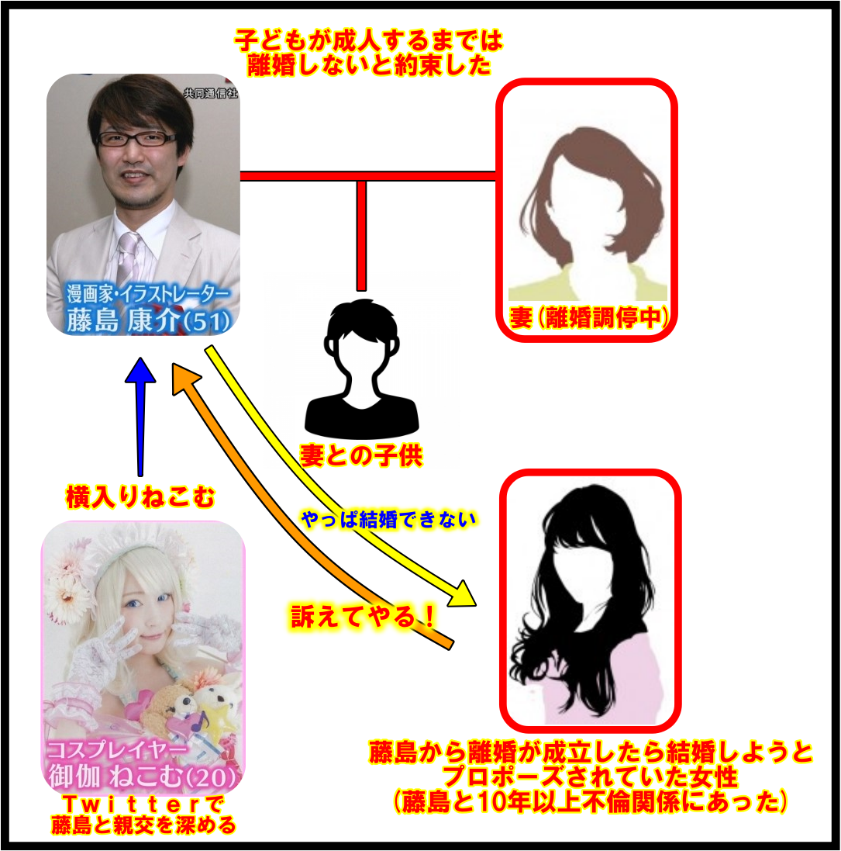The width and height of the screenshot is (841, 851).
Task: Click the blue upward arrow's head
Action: tap(140, 370)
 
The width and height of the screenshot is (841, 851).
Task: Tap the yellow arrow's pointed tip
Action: tap(475, 604)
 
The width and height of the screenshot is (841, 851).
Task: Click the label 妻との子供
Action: tap(361, 455)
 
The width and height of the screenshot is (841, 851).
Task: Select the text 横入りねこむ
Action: tap(140, 496)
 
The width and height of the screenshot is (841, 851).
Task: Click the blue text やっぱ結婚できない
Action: tap(388, 520)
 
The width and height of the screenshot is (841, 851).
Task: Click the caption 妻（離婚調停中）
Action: tap(588, 317)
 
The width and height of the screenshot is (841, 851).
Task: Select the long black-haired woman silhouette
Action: tap(588, 603)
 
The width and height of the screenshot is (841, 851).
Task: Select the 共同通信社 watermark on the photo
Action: tap(211, 93)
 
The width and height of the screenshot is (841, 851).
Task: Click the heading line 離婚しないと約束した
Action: tap(369, 66)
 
